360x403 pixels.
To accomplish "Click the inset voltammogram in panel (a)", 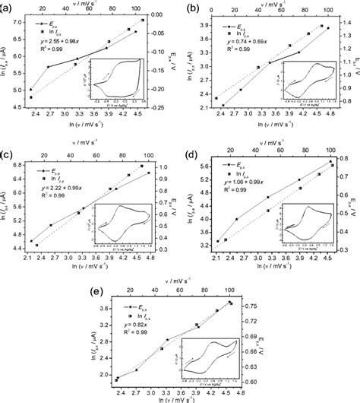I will click(114, 78).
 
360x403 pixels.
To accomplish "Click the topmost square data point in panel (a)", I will click(144, 20).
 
